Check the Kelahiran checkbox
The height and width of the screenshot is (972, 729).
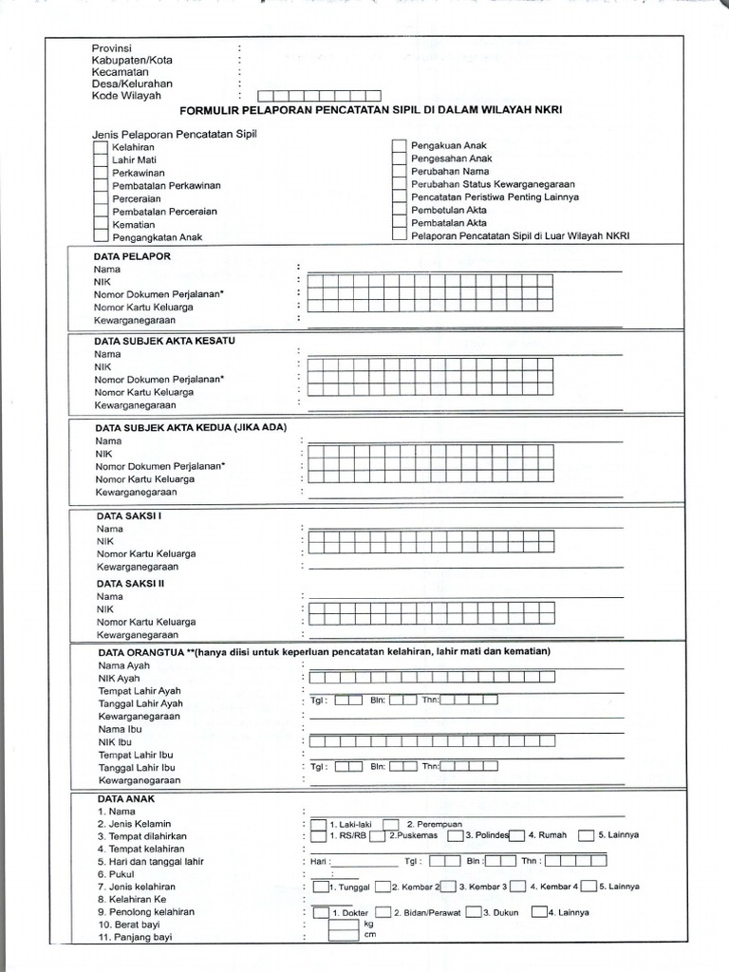(100, 148)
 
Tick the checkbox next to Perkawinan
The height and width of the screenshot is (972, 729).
(100, 174)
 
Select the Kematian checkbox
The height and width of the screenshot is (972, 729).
(100, 224)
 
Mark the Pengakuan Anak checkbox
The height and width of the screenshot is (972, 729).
(399, 145)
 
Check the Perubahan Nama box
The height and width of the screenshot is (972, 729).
(399, 171)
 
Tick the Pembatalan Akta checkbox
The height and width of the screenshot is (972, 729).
(399, 222)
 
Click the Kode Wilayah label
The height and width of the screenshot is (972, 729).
(126, 96)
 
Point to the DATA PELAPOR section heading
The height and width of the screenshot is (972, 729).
(132, 256)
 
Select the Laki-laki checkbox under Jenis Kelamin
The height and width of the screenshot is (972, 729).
(319, 824)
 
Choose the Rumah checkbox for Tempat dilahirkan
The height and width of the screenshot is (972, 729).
(517, 835)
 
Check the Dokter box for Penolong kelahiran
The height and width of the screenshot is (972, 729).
(322, 912)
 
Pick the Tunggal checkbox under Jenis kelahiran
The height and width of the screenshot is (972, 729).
(320, 887)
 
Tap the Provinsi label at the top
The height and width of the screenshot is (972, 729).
(111, 48)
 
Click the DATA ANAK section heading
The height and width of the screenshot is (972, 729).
(124, 799)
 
